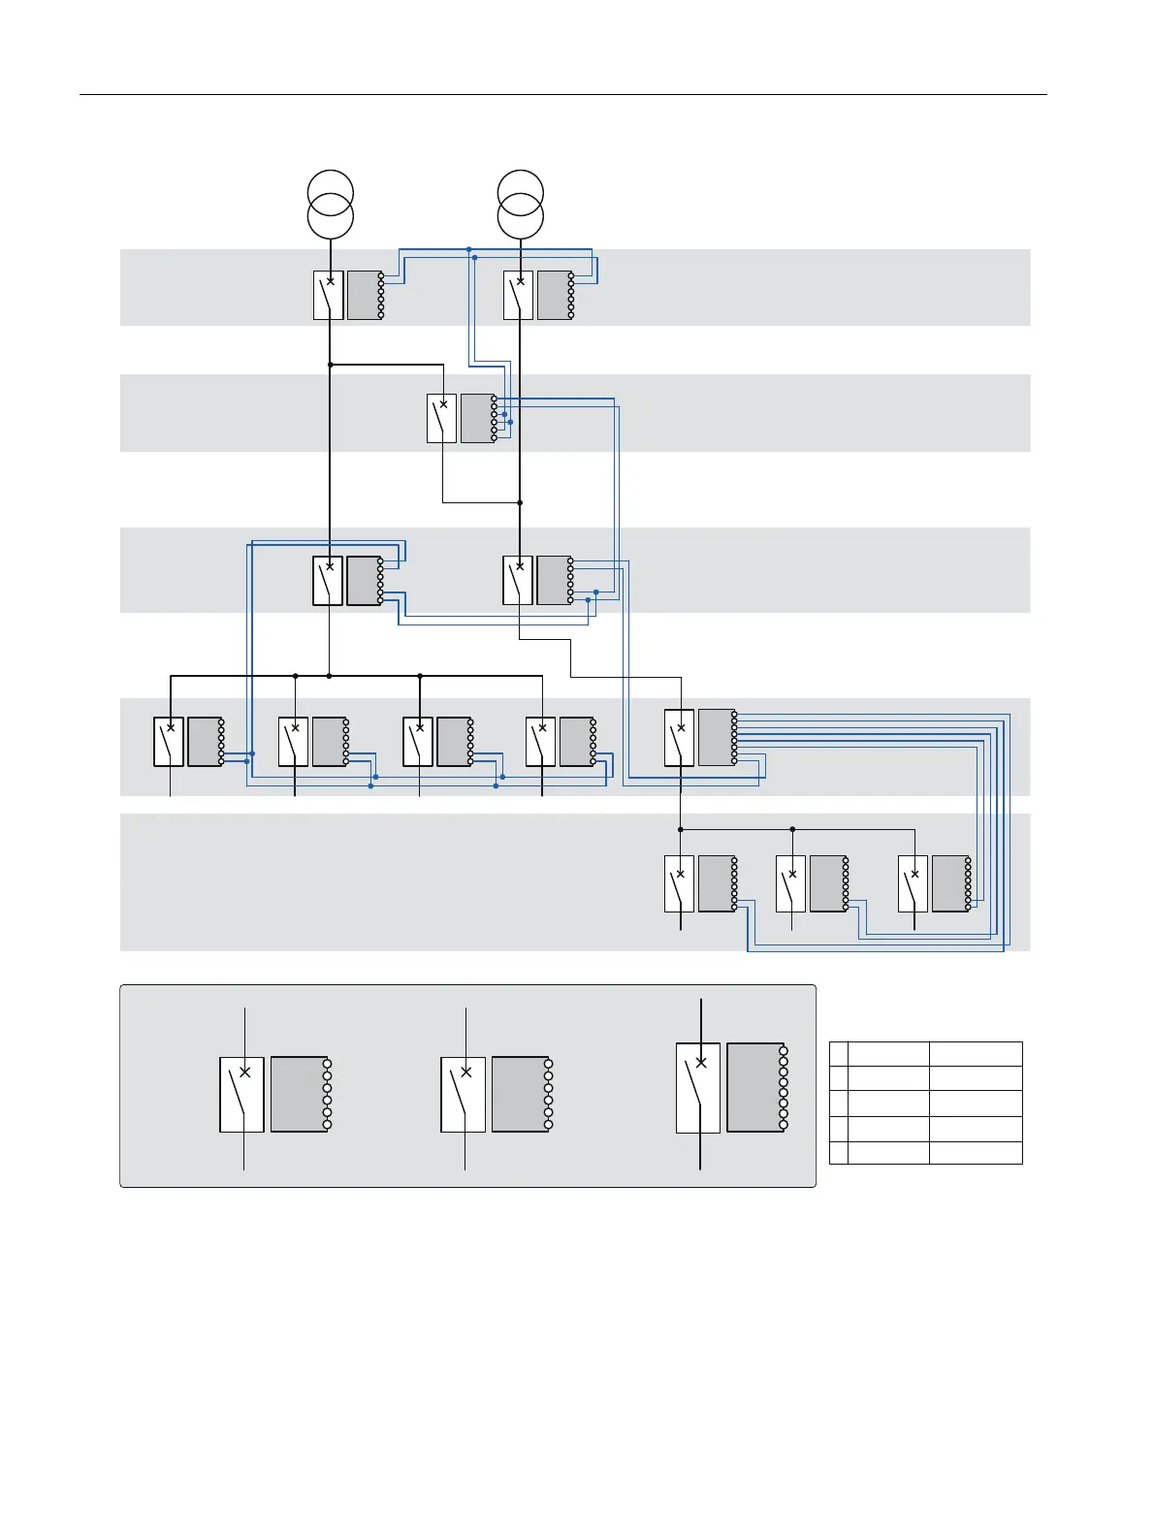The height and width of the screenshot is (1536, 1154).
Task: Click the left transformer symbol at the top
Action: [x=331, y=205]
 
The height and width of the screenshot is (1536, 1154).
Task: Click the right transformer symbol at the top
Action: [x=521, y=205]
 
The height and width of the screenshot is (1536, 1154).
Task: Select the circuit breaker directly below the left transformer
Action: [x=329, y=295]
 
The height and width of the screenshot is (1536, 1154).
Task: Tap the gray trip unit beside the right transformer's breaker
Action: [x=555, y=295]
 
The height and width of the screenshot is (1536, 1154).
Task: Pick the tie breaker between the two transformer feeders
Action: [x=442, y=418]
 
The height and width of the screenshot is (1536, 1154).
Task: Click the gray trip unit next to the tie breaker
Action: [x=477, y=418]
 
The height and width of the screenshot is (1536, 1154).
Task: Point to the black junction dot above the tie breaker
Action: [x=331, y=365]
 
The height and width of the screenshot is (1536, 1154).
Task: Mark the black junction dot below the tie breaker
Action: [x=520, y=502]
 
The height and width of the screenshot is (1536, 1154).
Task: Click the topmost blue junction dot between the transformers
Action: [x=469, y=249]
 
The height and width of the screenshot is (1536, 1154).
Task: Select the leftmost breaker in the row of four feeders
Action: [x=169, y=742]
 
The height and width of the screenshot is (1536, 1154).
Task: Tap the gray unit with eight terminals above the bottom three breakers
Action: [x=716, y=737]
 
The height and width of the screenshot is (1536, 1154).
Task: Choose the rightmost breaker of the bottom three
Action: [x=913, y=883]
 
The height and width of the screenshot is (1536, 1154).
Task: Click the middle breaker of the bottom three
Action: [x=790, y=883]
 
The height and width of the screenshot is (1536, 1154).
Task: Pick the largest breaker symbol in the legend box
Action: [x=698, y=1088]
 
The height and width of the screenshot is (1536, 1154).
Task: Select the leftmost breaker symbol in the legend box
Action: [x=242, y=1094]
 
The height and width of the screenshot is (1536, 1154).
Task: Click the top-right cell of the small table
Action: [x=975, y=1054]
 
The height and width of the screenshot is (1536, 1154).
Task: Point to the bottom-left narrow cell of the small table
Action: [x=839, y=1153]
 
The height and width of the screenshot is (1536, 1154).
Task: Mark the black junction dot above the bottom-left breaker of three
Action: [x=680, y=829]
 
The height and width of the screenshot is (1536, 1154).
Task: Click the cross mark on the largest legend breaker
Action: [x=701, y=1062]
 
